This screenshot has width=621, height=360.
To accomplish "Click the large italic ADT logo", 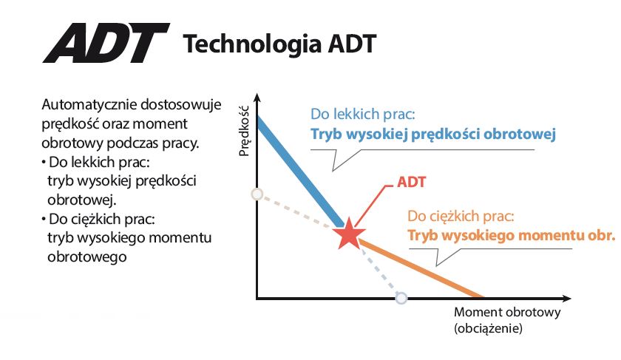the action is click(x=106, y=43).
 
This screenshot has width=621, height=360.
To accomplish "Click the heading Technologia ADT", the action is click(x=279, y=44).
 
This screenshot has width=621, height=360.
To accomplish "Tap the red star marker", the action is click(x=349, y=234).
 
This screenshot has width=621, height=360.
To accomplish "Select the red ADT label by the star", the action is click(x=411, y=182).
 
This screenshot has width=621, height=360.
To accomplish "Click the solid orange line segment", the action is click(x=421, y=268).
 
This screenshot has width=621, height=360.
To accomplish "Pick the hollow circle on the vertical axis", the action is click(x=257, y=194).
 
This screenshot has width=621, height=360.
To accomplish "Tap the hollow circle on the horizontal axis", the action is click(x=401, y=298).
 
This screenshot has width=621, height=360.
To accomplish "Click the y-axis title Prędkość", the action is click(x=245, y=131).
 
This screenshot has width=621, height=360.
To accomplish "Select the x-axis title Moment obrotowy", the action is click(x=507, y=312).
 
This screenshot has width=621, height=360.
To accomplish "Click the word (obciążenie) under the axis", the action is click(x=489, y=328).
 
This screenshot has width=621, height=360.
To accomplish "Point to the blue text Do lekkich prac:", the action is click(x=363, y=114).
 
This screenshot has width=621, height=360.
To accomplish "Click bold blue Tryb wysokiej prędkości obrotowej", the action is click(x=433, y=134).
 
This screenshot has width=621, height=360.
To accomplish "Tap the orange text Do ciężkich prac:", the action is click(x=461, y=217).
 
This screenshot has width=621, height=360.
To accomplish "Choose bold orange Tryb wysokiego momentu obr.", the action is click(x=512, y=235).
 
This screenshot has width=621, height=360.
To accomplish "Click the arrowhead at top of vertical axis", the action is click(x=257, y=98).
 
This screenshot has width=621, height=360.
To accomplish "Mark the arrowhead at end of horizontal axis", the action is click(x=567, y=298).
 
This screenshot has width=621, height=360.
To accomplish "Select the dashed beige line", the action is click(x=295, y=211).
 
